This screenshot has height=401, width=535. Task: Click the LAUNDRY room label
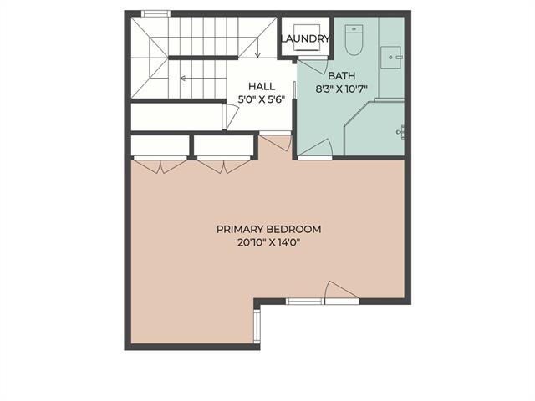(x=305, y=38)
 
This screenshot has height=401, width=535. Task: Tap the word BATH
(x=342, y=76)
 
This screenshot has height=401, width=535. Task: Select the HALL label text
(x=262, y=86)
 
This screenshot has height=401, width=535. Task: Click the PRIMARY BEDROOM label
(x=269, y=229)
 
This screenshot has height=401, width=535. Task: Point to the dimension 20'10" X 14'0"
(x=269, y=243)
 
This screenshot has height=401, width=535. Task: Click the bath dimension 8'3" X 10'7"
(x=342, y=89)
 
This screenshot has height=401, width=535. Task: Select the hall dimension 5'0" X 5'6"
(x=262, y=99)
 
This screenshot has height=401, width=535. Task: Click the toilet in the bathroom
(x=354, y=40)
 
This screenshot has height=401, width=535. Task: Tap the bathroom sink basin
(x=391, y=58)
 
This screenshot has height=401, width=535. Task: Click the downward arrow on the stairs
(x=257, y=48)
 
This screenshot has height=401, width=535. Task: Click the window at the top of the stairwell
(x=155, y=13)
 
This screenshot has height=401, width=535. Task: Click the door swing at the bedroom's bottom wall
(x=342, y=292)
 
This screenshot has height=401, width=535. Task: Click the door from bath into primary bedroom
(x=315, y=150)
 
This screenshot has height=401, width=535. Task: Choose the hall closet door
(x=231, y=117)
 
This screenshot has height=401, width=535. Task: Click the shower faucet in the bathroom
(x=401, y=132)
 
